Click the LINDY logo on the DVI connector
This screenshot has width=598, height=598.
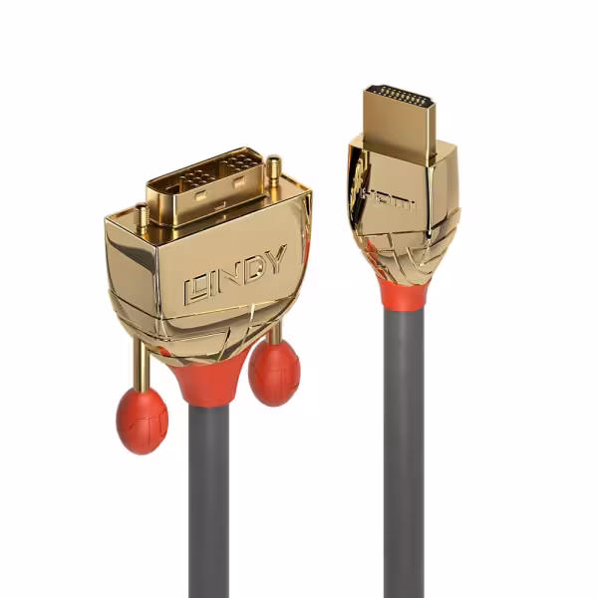point(235,275)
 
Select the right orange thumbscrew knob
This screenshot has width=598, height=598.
point(274,373)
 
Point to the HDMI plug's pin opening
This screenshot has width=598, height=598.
point(402,97)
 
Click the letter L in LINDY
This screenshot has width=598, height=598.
point(195,293)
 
